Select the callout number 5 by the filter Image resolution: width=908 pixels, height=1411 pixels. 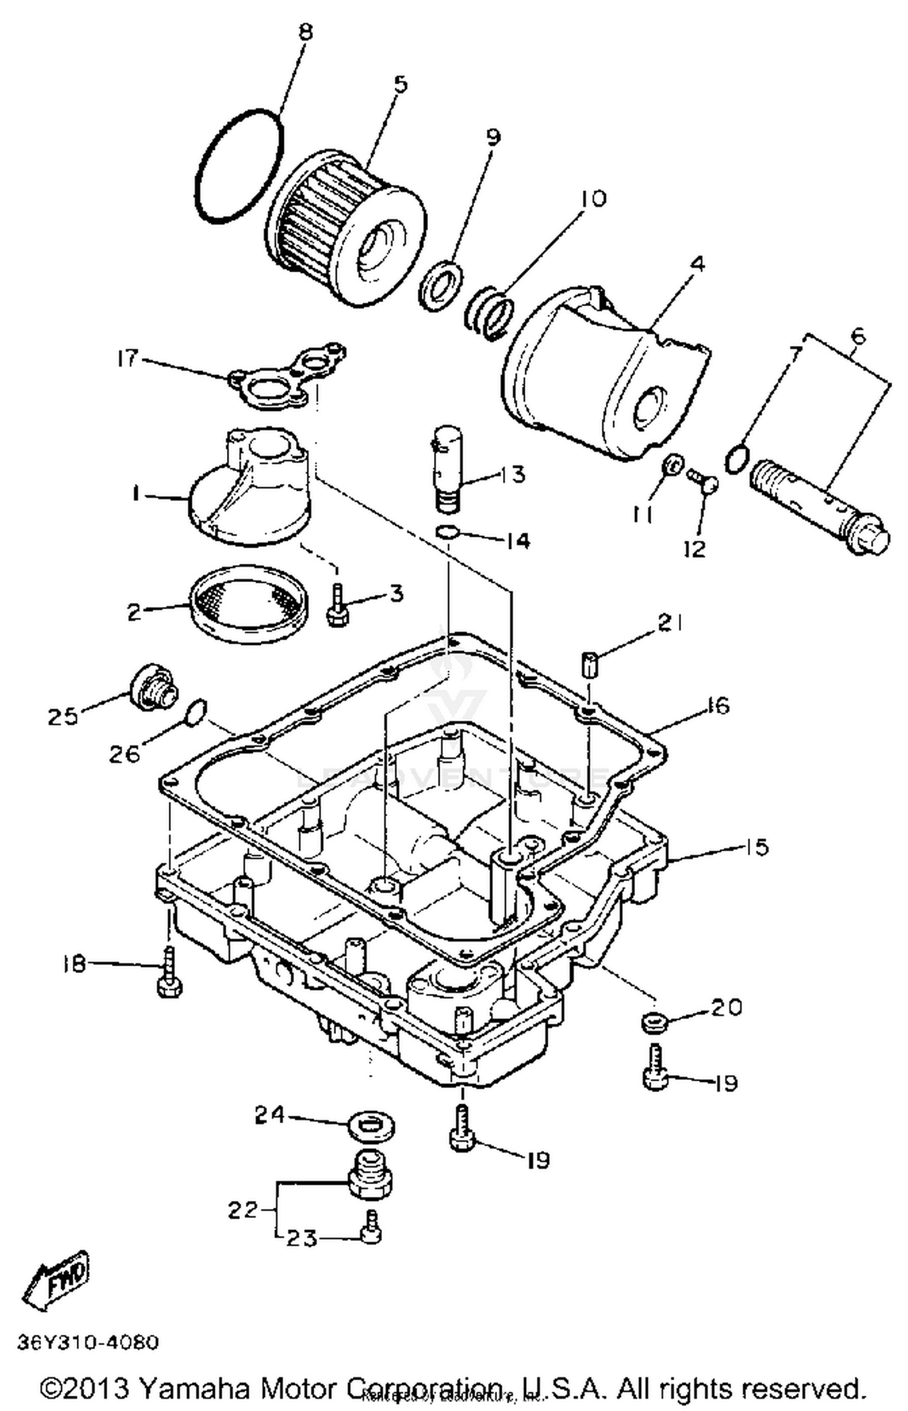click(400, 84)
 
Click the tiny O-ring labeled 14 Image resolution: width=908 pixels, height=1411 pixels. click(446, 532)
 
